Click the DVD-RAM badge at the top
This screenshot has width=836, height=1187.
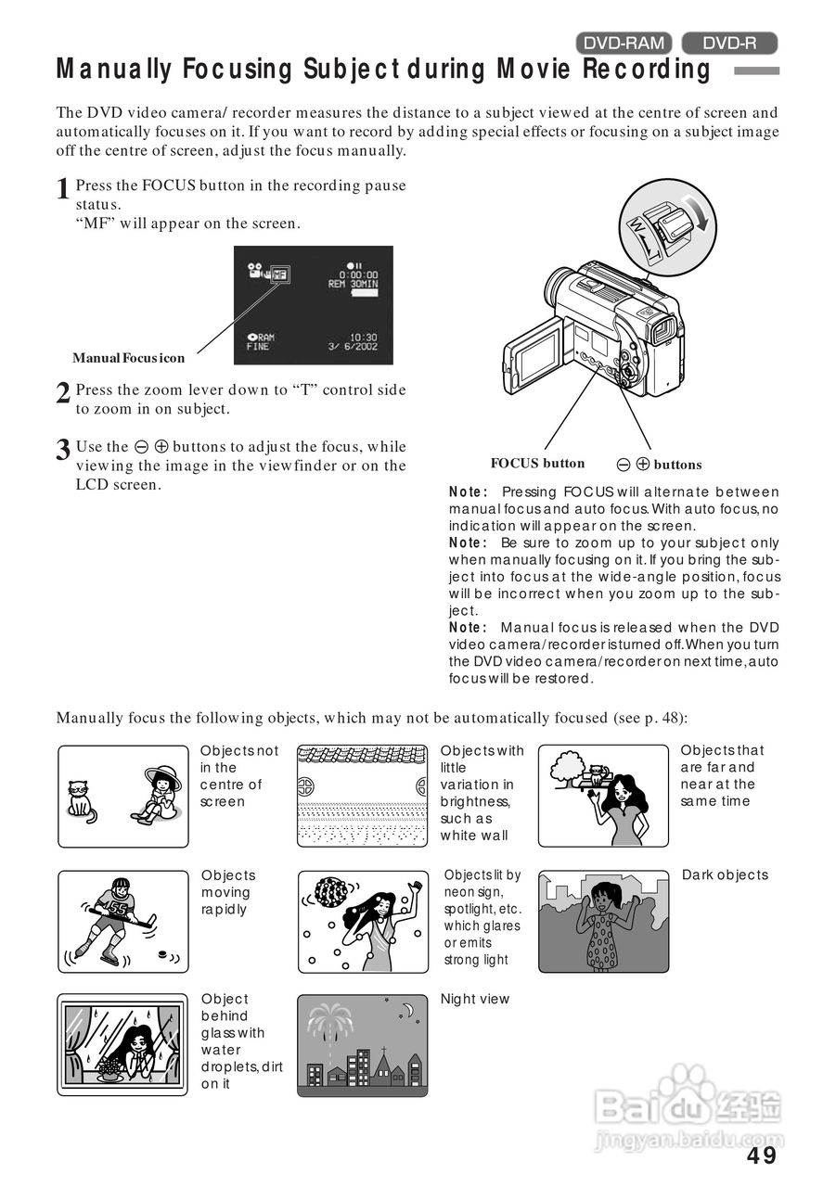(x=624, y=43)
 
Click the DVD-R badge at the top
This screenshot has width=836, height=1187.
(x=729, y=43)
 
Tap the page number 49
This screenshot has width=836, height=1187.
(x=762, y=1155)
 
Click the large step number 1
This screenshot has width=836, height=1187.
(x=63, y=189)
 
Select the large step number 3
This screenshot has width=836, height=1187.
(x=63, y=451)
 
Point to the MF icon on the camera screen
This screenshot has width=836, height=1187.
(x=279, y=274)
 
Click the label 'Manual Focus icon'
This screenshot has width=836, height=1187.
(x=129, y=358)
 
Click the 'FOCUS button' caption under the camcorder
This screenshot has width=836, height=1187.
(x=537, y=464)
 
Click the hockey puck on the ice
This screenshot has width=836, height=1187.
(x=163, y=953)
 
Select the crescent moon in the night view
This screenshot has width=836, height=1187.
(x=406, y=1011)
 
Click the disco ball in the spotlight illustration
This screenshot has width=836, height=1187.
(x=331, y=892)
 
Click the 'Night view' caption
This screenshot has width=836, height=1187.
(x=475, y=999)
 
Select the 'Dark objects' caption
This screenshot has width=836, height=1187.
(x=725, y=874)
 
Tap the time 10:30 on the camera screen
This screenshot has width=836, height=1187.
(x=363, y=337)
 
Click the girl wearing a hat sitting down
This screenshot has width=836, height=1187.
(x=160, y=794)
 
